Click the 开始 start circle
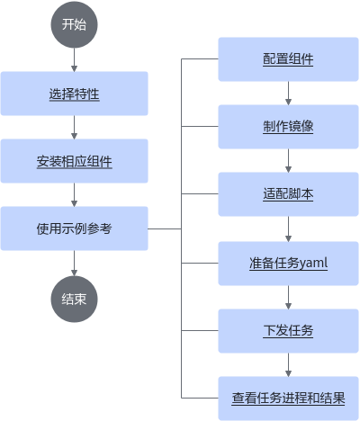click(x=74, y=24)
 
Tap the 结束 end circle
click(x=74, y=299)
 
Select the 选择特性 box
click(x=74, y=94)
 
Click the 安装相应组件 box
click(x=74, y=161)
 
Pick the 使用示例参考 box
click(x=74, y=228)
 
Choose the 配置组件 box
click(x=288, y=59)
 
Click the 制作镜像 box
click(x=288, y=127)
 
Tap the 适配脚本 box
click(x=288, y=194)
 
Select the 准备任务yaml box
click(x=288, y=264)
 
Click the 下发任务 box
click(x=288, y=331)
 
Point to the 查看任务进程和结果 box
click(x=288, y=399)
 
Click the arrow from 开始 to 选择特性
click(x=74, y=59)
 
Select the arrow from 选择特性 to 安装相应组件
click(x=74, y=128)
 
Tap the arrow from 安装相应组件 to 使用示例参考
click(x=74, y=195)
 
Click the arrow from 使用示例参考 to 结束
click(x=74, y=264)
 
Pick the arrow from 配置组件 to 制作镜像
click(x=288, y=93)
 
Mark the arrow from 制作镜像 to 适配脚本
click(x=288, y=160)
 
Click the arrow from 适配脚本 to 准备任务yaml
click(x=288, y=228)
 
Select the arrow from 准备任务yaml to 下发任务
click(x=288, y=297)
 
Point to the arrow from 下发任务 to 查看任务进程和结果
click(x=288, y=364)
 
